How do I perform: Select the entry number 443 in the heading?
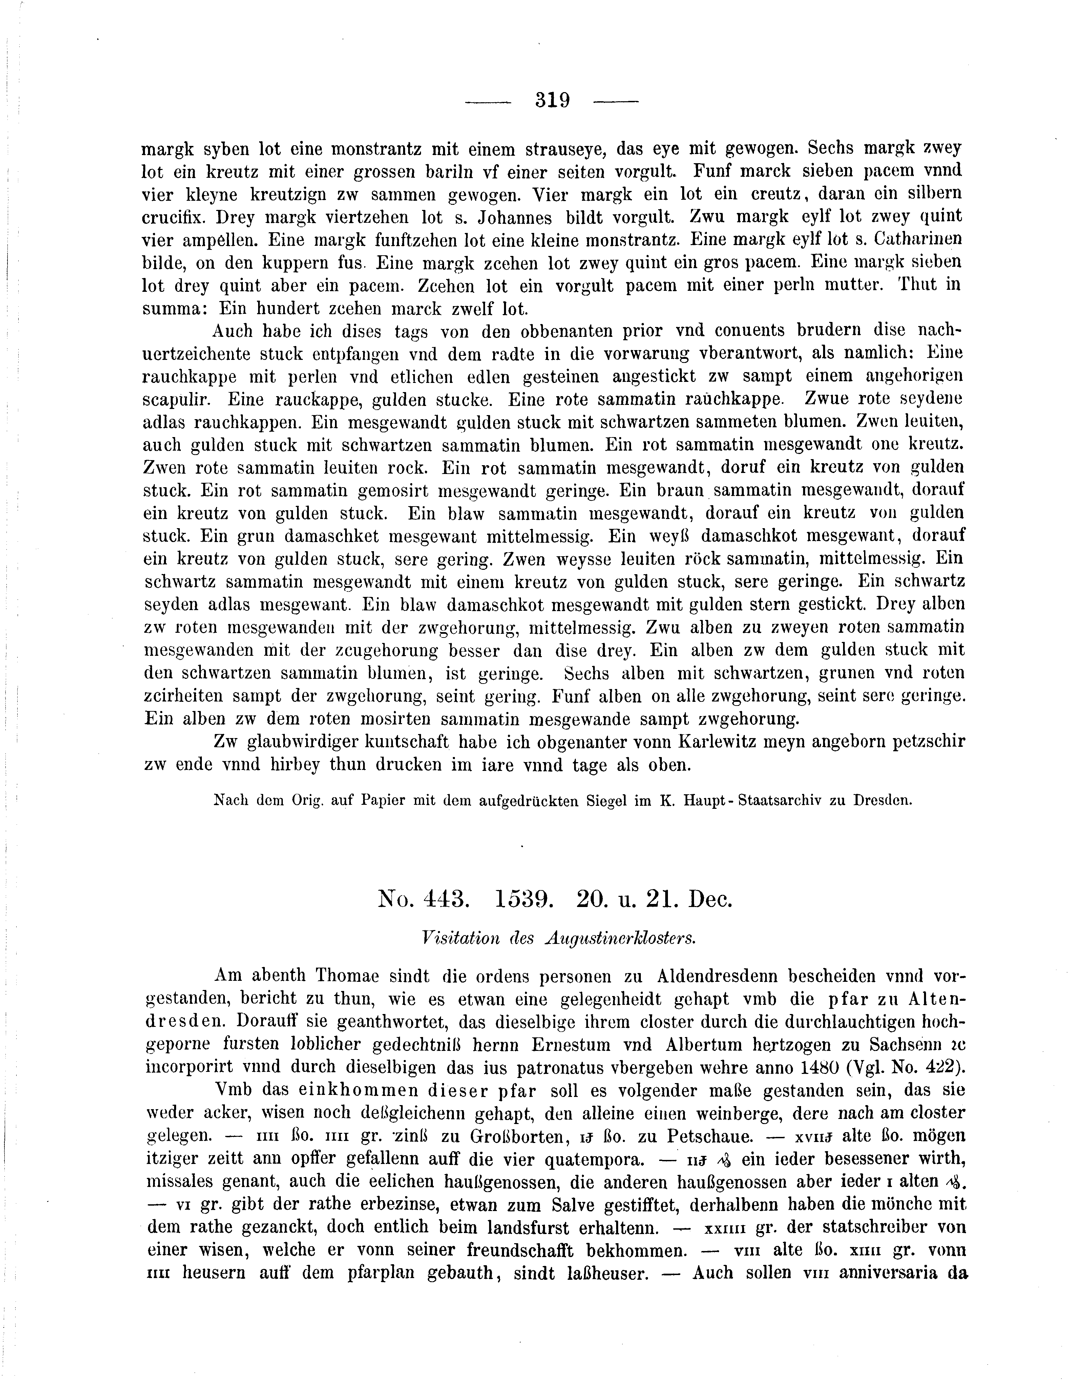pos(443,899)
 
